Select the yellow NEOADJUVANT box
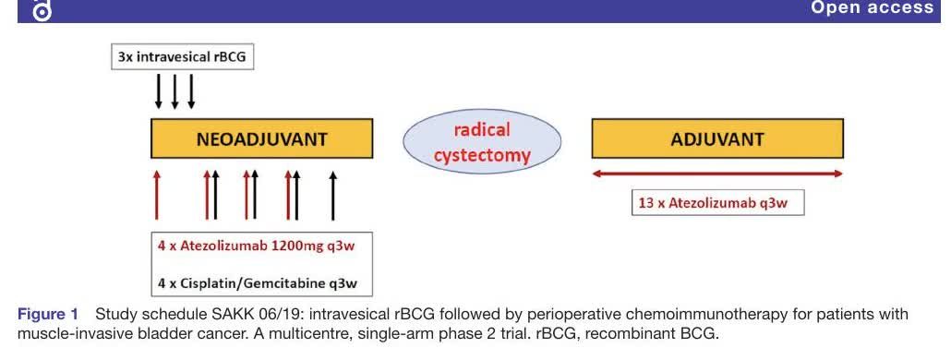coord(261,138)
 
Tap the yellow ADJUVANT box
coord(716,138)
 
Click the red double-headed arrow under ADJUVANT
coord(716,174)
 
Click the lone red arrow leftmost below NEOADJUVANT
coord(157,195)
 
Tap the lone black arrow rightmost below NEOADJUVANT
coord(332,195)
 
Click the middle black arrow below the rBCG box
coord(175,91)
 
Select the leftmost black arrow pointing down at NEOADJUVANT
coord(159,91)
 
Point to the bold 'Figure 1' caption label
coord(48,315)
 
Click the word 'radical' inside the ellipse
coord(482,129)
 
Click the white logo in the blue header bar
coord(42,10)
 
